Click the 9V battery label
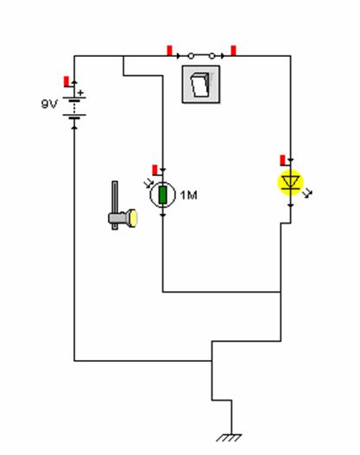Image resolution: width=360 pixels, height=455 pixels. [49, 104]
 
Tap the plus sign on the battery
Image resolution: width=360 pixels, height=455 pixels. [80, 93]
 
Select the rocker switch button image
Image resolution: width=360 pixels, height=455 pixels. [201, 85]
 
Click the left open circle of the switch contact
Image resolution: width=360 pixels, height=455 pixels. [191, 56]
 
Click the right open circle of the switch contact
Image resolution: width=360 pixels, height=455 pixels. [212, 56]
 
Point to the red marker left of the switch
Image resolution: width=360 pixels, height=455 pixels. [170, 50]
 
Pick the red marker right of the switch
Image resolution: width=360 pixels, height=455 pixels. [233, 50]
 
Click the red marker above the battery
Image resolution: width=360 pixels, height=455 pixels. [66, 81]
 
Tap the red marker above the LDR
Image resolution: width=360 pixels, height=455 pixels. [155, 170]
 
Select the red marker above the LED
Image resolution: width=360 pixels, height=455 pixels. [283, 161]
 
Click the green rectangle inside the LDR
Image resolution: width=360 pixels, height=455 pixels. [162, 195]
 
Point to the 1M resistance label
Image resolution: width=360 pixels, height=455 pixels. [188, 195]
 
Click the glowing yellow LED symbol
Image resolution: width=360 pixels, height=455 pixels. [291, 183]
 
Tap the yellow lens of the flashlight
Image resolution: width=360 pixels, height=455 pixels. [133, 218]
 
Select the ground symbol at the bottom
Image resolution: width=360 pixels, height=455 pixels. [229, 438]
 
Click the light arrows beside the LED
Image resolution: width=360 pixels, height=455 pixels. [307, 193]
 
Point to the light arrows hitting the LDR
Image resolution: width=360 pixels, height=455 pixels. [148, 183]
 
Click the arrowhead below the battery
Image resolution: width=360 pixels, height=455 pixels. [74, 127]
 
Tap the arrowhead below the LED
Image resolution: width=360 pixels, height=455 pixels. [291, 205]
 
